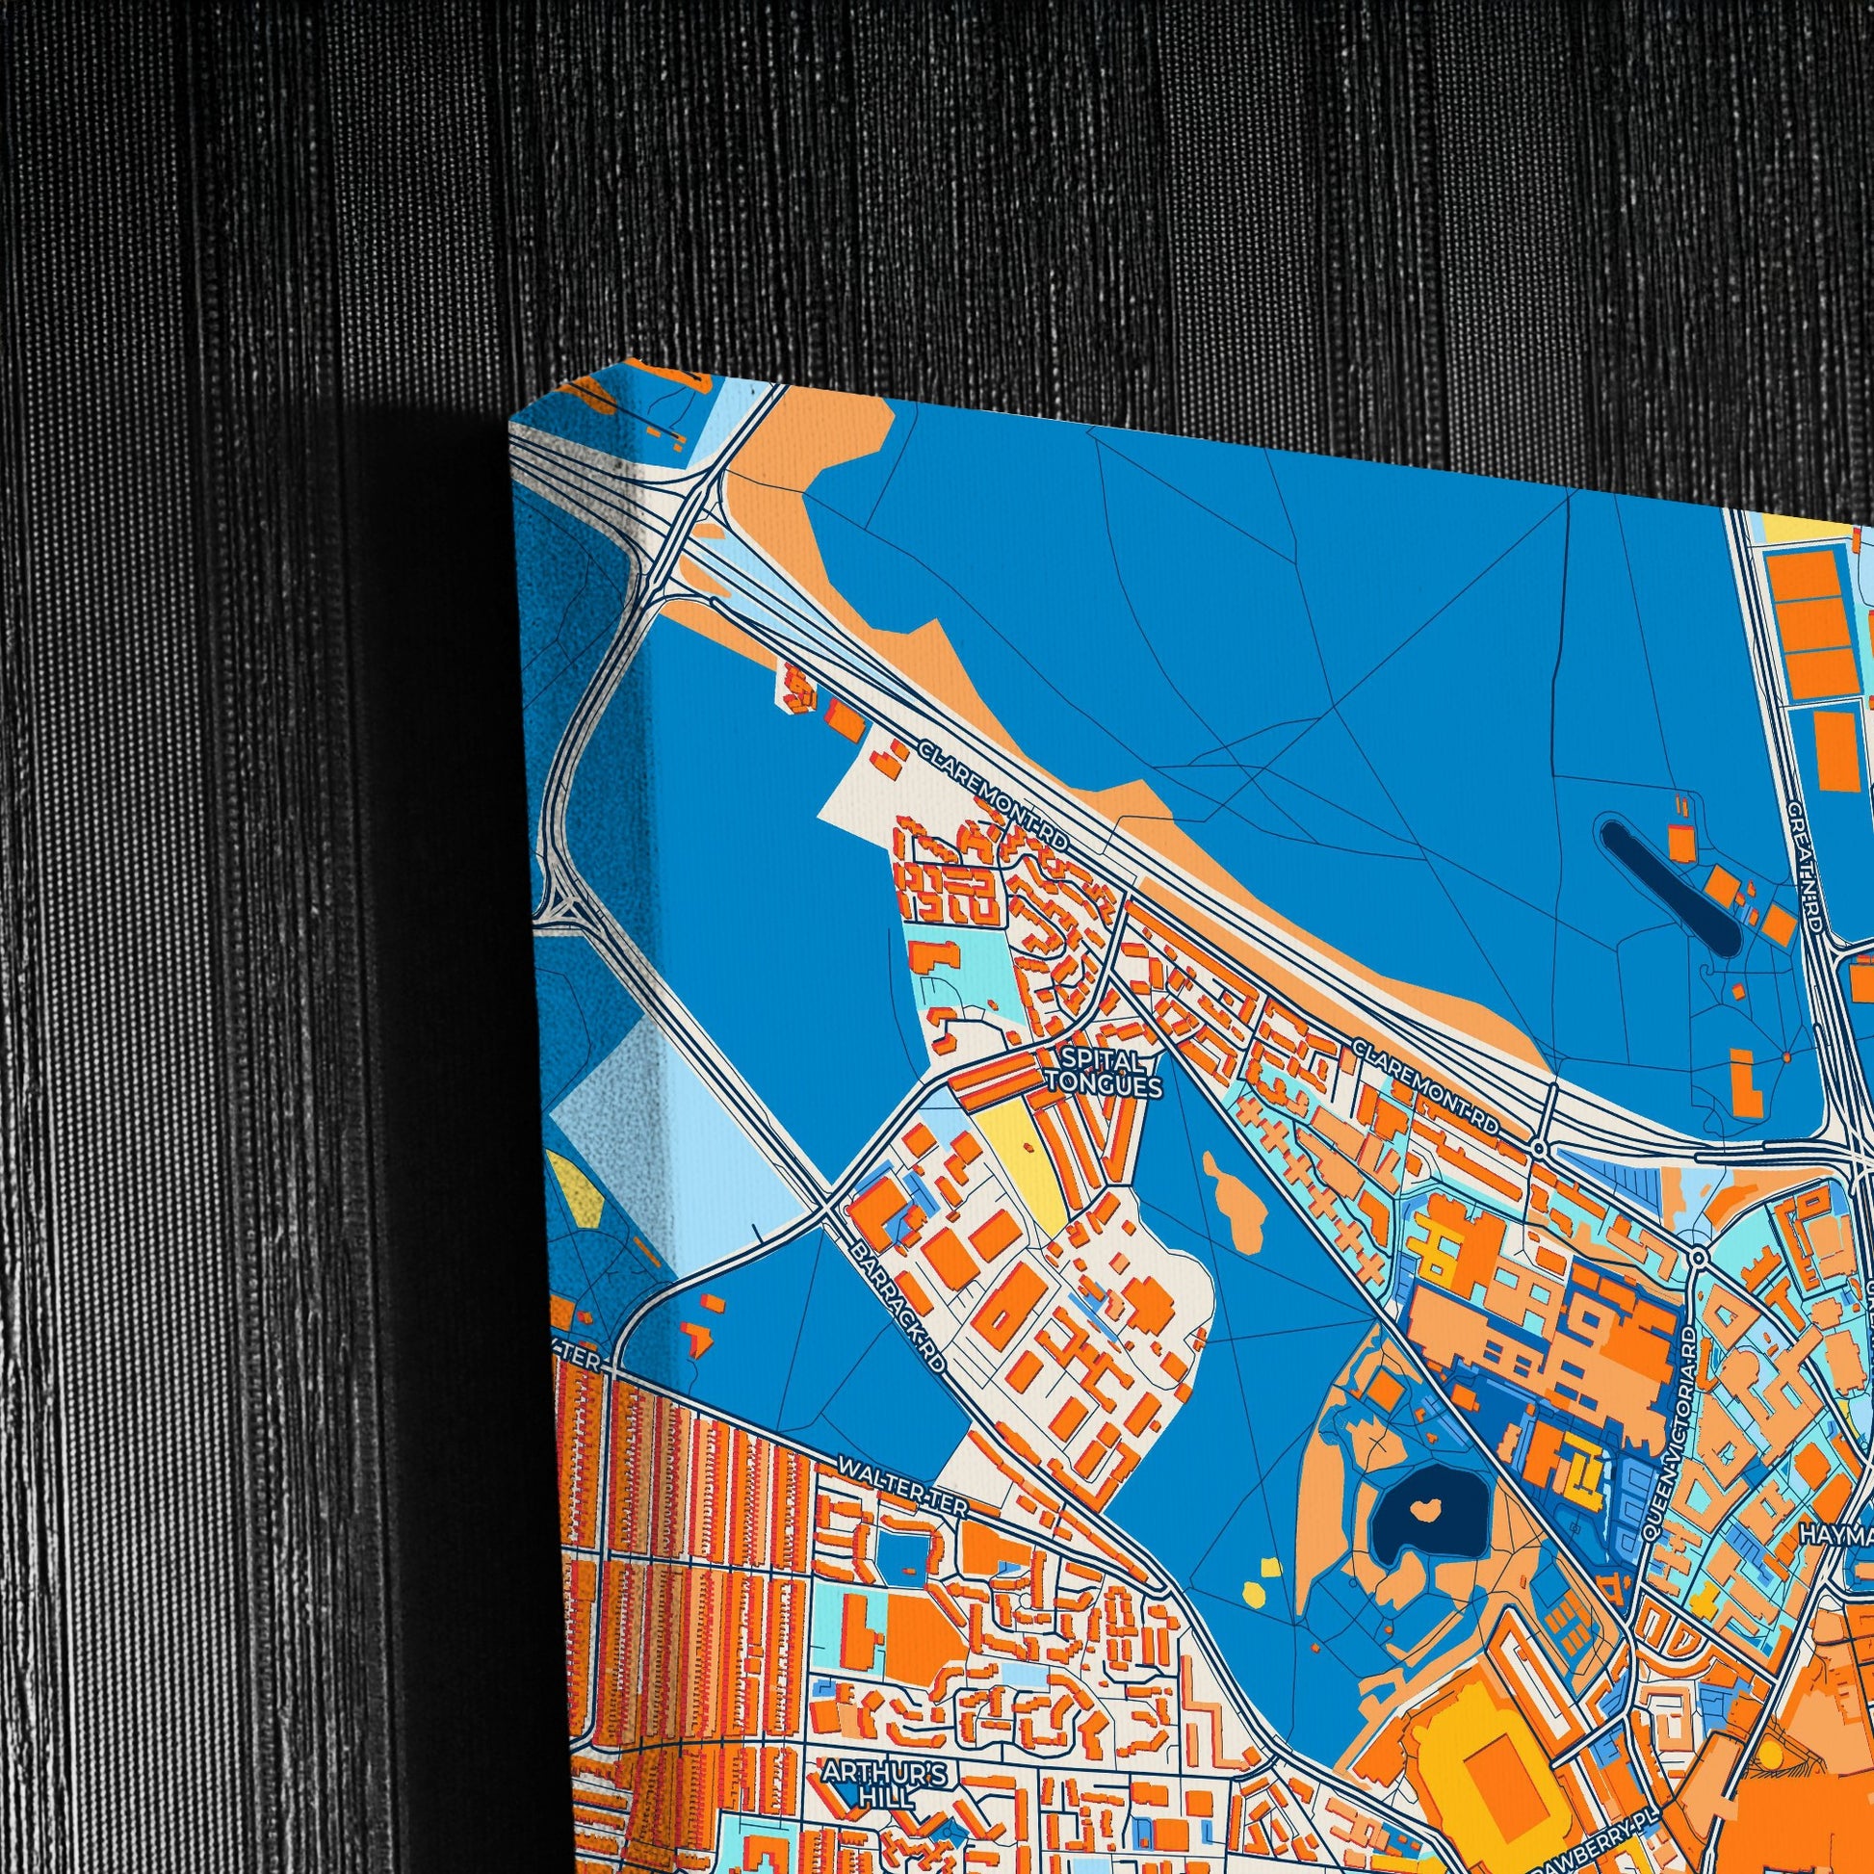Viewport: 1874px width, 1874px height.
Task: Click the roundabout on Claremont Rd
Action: (1539, 1149)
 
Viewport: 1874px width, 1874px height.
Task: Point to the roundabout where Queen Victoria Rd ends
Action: (1699, 1257)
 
